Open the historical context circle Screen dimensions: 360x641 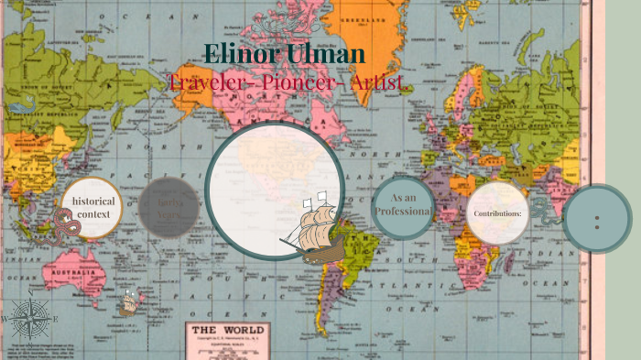(92, 208)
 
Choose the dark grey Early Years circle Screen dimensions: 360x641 (169, 208)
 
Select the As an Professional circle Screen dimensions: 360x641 (403, 206)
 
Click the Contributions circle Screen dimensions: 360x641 (497, 213)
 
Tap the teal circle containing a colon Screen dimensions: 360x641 (597, 219)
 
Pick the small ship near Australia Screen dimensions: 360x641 (132, 301)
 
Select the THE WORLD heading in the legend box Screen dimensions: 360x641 (226, 331)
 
